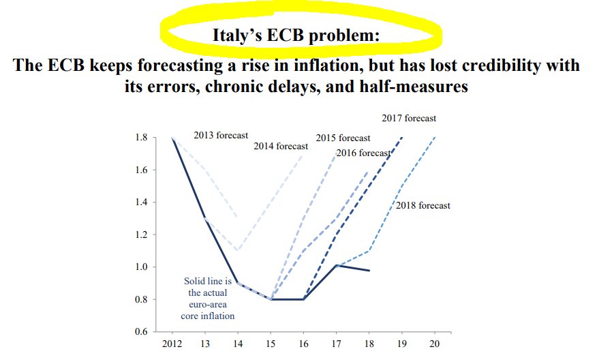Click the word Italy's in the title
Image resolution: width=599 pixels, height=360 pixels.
click(239, 35)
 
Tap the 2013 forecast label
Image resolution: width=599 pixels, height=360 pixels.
click(221, 135)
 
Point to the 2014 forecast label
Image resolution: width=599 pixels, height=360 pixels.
click(281, 146)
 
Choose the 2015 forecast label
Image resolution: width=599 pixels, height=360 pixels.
click(343, 138)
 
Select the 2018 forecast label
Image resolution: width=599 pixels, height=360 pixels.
click(423, 205)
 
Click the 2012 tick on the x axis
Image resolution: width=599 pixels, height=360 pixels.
click(172, 344)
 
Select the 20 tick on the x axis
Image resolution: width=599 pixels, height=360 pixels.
click(434, 344)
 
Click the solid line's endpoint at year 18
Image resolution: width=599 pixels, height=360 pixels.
click(369, 271)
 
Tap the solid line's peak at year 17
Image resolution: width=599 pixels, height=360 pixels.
click(337, 265)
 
